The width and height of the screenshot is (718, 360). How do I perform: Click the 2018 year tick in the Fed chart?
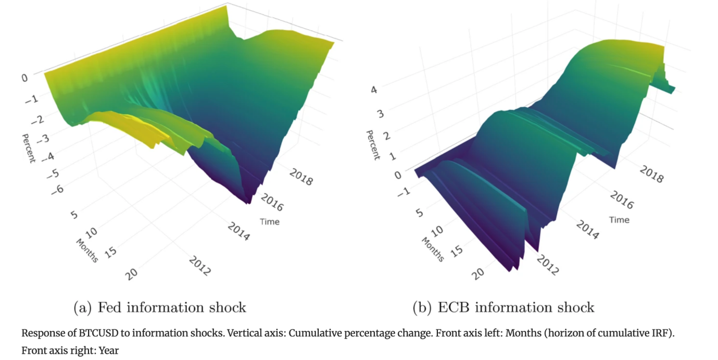(x=300, y=177)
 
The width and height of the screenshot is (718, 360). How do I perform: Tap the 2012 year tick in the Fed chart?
(x=200, y=266)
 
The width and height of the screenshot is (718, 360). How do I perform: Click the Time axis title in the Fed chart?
(x=269, y=222)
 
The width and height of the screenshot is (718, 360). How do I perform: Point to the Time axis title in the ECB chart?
(x=619, y=220)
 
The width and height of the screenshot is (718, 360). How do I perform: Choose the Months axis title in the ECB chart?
(x=432, y=249)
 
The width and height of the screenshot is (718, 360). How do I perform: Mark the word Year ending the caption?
(x=108, y=351)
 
